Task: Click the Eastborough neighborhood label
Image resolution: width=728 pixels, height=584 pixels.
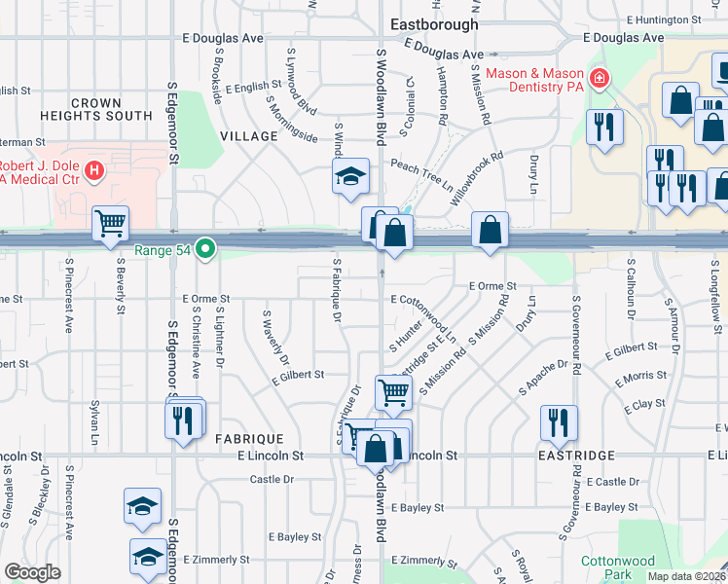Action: coord(433,24)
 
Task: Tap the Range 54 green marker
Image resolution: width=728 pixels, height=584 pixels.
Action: coord(204,250)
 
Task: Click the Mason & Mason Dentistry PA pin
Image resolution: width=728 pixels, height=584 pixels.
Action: coord(599,78)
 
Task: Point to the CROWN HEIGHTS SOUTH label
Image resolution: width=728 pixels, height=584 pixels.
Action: coord(96,109)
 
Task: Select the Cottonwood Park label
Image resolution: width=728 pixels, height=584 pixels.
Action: coord(618,568)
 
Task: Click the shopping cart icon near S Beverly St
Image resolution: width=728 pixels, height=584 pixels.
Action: coord(109,223)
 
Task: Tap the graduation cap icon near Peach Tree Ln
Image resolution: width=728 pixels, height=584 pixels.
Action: coord(350,175)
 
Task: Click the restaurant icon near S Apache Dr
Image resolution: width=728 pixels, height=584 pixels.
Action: coord(558,420)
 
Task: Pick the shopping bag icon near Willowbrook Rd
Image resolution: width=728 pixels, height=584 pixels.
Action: coord(491,231)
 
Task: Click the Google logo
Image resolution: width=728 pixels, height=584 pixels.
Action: coord(31,572)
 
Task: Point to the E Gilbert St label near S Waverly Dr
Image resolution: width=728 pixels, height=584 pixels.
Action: coord(297,374)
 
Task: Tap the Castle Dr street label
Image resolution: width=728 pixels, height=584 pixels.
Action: coord(272,479)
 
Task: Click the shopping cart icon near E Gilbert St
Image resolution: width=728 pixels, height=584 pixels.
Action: coord(393,392)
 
